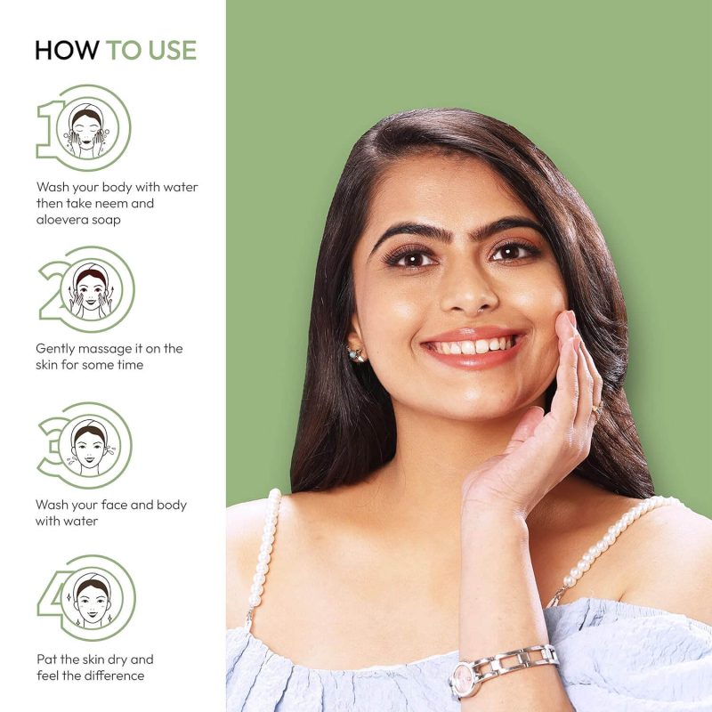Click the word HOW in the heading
(68, 50)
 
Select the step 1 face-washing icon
(86, 130)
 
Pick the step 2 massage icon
(91, 290)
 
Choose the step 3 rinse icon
(90, 447)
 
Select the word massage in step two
(99, 349)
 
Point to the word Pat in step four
(46, 659)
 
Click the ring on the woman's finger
(597, 409)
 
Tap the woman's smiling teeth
(473, 346)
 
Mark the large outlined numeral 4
(49, 597)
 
